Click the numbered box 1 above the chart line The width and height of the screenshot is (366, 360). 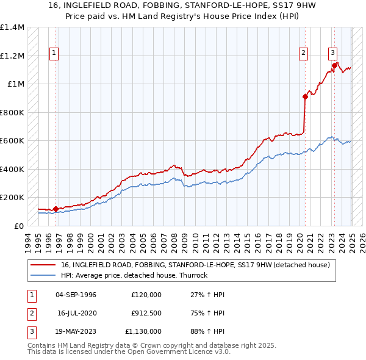point(54,53)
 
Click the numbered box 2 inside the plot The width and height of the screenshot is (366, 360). point(303,53)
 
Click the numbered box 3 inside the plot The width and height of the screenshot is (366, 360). point(332,53)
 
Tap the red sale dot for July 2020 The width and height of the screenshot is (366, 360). point(305,96)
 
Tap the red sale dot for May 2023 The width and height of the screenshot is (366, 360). point(334,65)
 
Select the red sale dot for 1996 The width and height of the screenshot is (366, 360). point(56,209)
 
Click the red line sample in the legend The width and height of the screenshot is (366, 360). point(43,265)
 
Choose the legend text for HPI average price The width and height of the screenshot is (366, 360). point(134,275)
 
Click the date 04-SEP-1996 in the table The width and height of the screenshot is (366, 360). point(76,295)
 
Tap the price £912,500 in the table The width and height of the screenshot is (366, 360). point(146,313)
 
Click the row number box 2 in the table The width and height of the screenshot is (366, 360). point(32,313)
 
